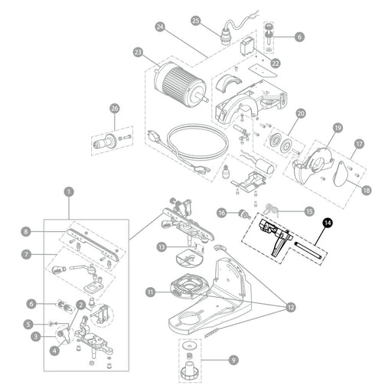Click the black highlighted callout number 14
pos(328,223)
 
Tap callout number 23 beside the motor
pos(138,52)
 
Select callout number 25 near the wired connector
pos(196,21)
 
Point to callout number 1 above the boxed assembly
pos(69,191)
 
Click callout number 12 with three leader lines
pos(291,307)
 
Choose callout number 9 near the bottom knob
pos(234,360)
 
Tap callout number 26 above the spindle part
pos(115,109)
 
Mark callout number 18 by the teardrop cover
pos(367,190)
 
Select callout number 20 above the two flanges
pos(301,113)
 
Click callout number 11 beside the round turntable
pos(150,292)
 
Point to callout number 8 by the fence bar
pos(26,232)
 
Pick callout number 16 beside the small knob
pos(221,212)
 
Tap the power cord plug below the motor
pos(155,137)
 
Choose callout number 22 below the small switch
pos(275,63)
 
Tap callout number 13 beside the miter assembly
pos(162,247)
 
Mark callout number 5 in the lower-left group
pos(28,325)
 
